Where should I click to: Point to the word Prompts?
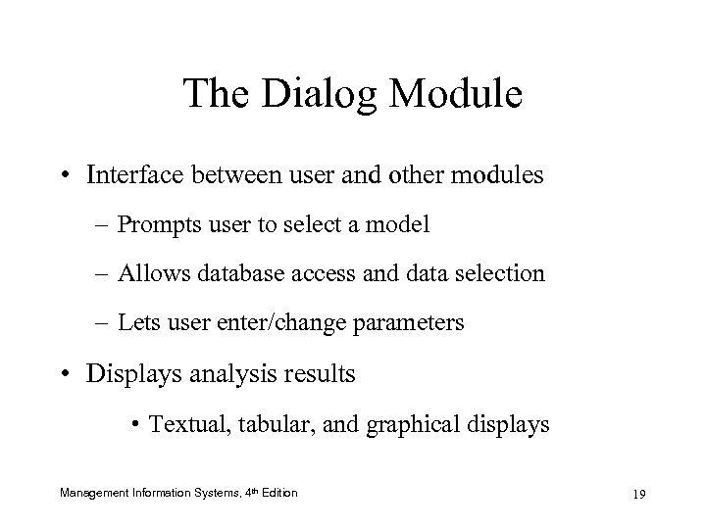155,224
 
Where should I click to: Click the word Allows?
151,273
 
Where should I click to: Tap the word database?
239,273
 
